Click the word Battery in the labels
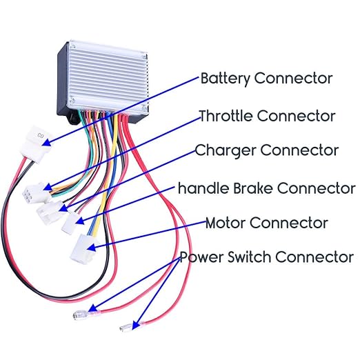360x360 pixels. [226, 77]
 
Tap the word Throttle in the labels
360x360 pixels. [225, 115]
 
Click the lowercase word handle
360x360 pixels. [200, 188]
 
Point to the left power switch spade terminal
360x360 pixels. [81, 317]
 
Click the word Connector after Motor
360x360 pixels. [289, 223]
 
